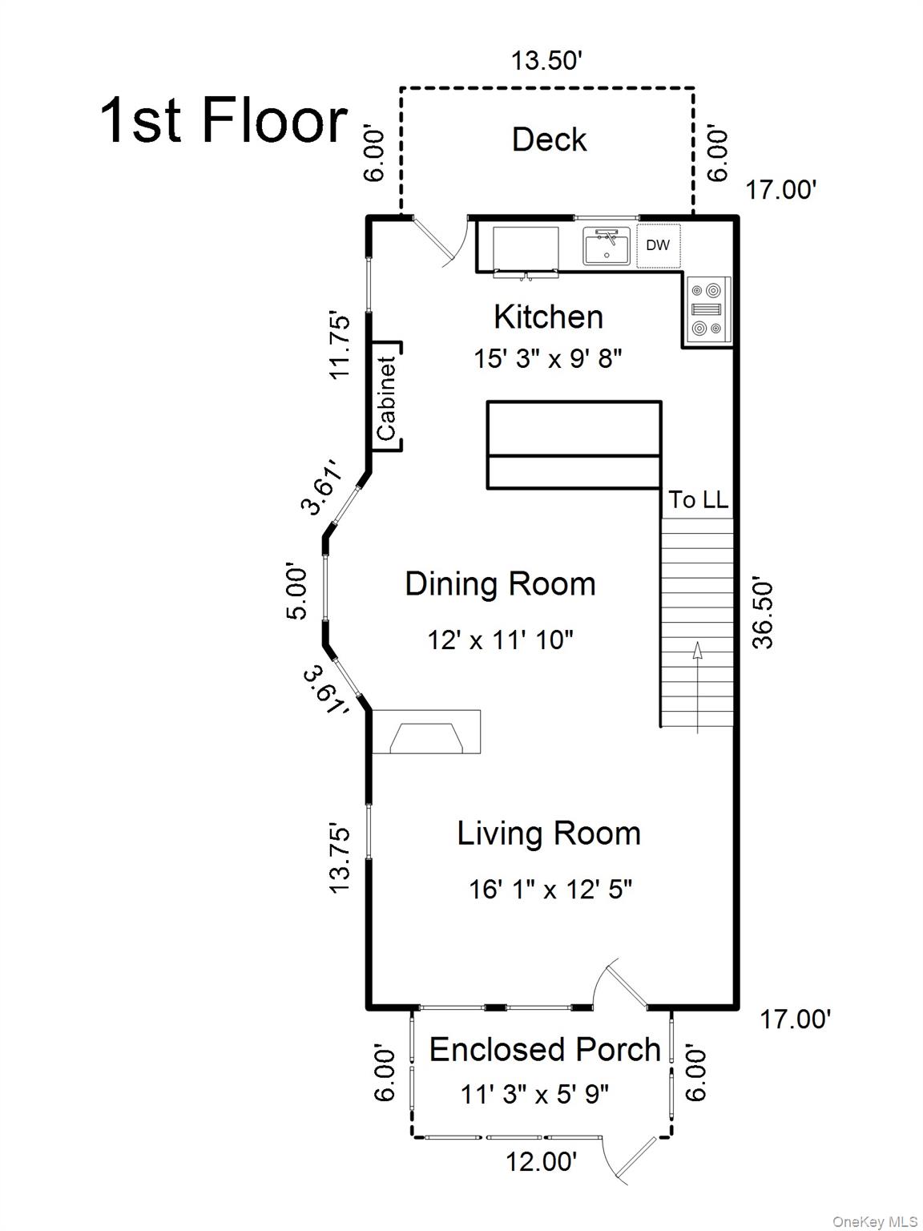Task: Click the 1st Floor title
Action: (224, 120)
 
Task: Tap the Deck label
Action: (549, 139)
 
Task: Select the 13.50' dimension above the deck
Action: (543, 60)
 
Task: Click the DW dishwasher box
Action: (658, 245)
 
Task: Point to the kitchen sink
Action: (606, 246)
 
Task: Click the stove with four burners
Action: (707, 309)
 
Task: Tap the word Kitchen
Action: (548, 317)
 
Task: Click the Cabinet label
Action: (387, 398)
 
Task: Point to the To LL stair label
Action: (699, 499)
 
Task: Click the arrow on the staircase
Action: (697, 687)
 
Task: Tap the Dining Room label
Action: (500, 583)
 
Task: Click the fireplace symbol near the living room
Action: (426, 732)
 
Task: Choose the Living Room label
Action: (549, 833)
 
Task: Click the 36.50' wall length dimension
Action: (762, 615)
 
